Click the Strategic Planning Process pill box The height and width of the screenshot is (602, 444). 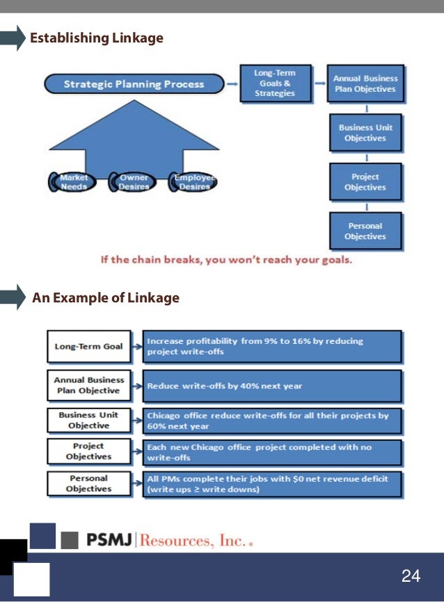[x=134, y=84]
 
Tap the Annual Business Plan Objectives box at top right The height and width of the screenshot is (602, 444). [x=365, y=84]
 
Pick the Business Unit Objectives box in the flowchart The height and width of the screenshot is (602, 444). [x=365, y=133]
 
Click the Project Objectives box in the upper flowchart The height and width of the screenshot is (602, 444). [x=365, y=182]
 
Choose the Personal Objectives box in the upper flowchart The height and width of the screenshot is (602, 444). [x=365, y=231]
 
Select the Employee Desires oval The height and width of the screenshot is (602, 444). [x=193, y=182]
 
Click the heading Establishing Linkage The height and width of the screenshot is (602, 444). [x=96, y=38]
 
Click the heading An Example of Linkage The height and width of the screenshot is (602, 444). [x=105, y=298]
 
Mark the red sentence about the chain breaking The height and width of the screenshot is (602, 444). [x=226, y=260]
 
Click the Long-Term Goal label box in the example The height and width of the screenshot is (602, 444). [x=88, y=346]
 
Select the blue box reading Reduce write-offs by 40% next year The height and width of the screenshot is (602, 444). [x=272, y=385]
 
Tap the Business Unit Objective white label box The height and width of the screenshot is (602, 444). [x=88, y=419]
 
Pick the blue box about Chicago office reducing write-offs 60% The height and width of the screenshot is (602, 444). [x=272, y=420]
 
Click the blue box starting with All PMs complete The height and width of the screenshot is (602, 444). [x=272, y=483]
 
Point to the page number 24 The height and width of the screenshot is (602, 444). [x=411, y=576]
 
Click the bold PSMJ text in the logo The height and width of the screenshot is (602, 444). [x=109, y=540]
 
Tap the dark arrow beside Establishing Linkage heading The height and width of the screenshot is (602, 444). [x=11, y=38]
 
